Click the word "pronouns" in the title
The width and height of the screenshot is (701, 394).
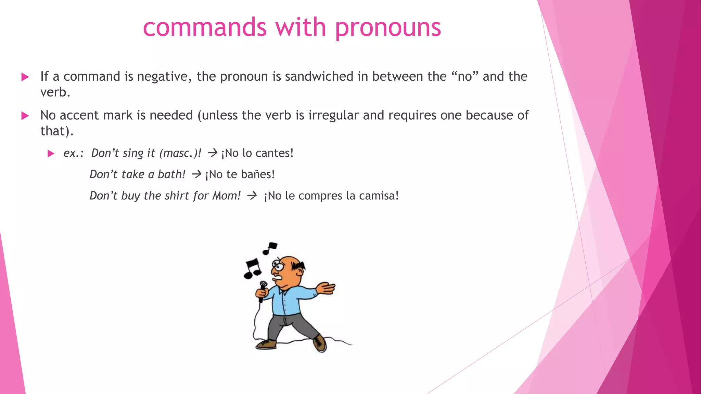pos(388,28)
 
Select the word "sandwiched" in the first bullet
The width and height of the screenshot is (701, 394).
pos(319,76)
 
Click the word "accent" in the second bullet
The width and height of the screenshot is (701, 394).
pos(79,115)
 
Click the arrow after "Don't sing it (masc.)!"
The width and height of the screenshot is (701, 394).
pos(213,153)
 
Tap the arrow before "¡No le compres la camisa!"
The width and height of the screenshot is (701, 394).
pos(252,196)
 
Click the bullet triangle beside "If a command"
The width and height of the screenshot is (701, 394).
pos(25,77)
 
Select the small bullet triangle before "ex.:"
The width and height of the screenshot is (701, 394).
pos(51,153)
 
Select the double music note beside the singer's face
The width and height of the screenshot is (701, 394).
pos(253,267)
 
